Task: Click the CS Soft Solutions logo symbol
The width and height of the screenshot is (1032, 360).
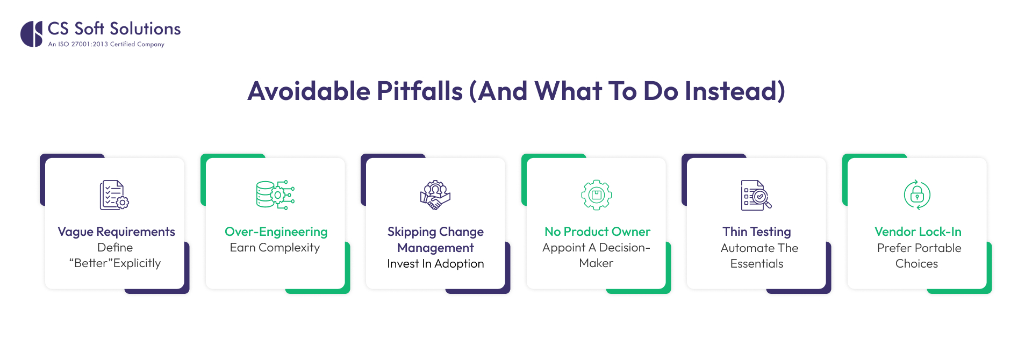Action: tap(31, 34)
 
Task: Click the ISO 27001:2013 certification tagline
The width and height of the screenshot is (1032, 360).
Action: tap(106, 45)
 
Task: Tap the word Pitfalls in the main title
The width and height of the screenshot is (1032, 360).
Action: tap(419, 91)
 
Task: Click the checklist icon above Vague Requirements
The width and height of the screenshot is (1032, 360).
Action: tap(114, 195)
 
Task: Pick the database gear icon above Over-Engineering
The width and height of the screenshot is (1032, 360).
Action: tap(275, 195)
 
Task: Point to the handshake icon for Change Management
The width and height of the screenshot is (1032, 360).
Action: tap(435, 195)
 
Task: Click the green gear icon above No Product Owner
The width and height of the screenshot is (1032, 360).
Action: tap(596, 195)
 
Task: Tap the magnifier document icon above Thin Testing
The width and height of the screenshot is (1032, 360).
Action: tap(756, 195)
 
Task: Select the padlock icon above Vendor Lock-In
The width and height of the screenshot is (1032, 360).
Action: tap(917, 195)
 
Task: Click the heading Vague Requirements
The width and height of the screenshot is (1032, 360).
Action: tap(116, 232)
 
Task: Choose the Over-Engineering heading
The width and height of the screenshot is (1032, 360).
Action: tap(276, 232)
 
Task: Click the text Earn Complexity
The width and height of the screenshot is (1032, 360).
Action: tap(275, 248)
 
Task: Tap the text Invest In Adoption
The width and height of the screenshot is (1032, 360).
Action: tap(435, 264)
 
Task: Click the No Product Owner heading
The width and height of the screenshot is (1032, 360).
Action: tap(597, 232)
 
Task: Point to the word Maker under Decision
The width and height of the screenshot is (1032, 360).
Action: tap(596, 263)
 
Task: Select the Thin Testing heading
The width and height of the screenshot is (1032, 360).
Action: tap(756, 232)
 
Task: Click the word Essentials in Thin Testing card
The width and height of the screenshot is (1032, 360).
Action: tap(756, 264)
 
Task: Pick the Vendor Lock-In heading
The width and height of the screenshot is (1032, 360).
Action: tap(918, 232)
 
